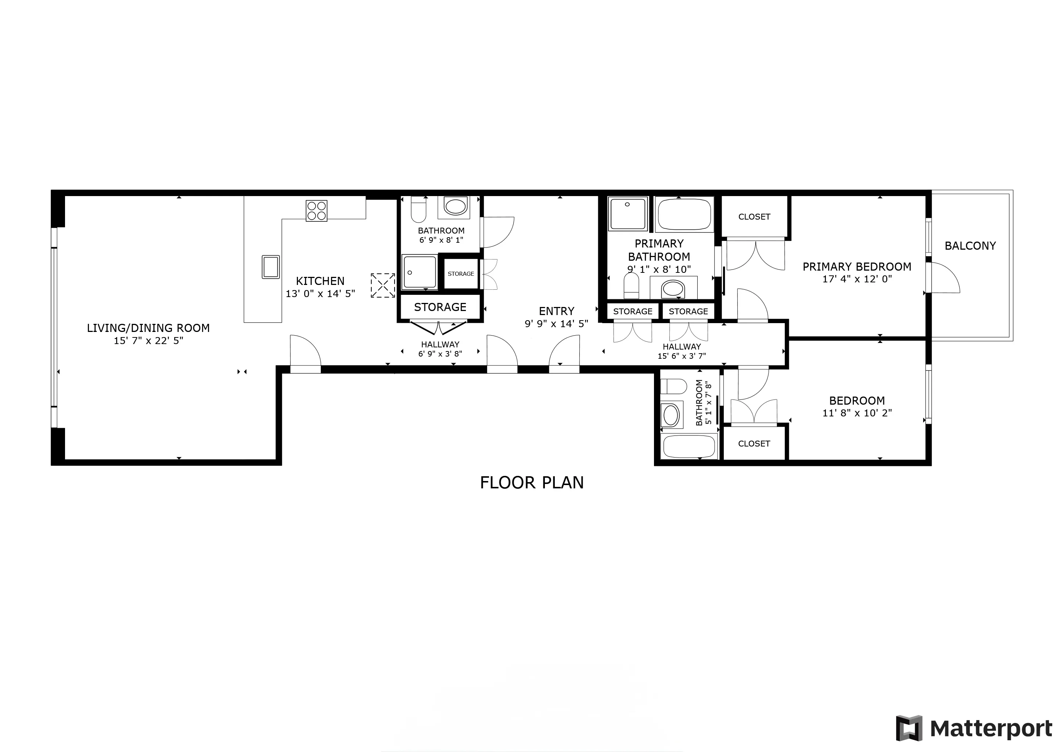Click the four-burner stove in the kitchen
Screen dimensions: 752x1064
tap(316, 211)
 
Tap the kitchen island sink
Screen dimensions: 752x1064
tap(271, 267)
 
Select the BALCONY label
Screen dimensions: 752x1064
tap(970, 246)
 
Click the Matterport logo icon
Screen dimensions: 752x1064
tap(909, 728)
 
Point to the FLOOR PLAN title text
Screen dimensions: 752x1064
tap(532, 483)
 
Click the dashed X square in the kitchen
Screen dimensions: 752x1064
tap(383, 285)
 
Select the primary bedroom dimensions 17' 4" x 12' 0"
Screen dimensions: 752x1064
tap(857, 279)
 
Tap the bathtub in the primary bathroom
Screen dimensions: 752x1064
tap(684, 214)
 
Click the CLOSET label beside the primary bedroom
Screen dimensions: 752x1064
tap(754, 217)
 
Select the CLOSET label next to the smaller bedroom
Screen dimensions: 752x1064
tap(754, 444)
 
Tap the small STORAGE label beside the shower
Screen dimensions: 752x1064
tap(461, 274)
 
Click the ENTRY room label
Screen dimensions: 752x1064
tap(556, 311)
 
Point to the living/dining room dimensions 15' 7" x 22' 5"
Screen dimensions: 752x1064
tap(148, 341)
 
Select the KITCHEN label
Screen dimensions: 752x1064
tap(320, 281)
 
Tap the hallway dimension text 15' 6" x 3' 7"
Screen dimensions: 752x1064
tap(681, 356)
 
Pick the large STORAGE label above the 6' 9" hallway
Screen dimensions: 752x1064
tap(440, 307)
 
